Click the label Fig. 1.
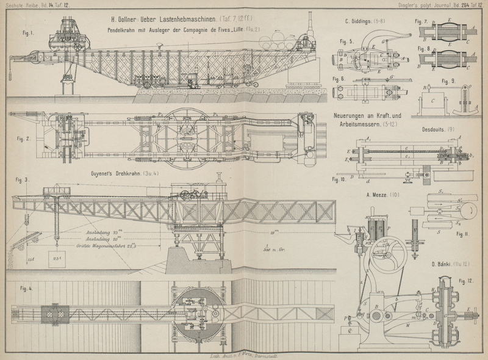(26, 32)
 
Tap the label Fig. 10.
(339, 179)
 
